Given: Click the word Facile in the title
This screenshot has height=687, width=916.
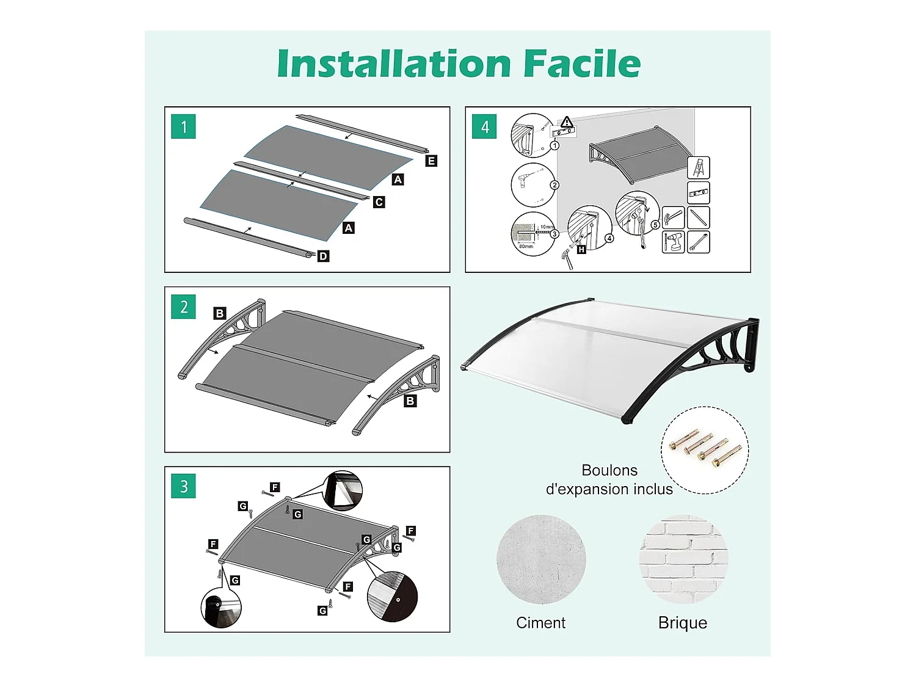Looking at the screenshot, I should [581, 64].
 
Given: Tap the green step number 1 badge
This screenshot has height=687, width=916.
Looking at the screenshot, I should [183, 127].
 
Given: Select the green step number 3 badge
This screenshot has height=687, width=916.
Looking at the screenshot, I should [183, 487].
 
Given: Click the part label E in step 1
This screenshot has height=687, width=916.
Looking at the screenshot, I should [431, 161].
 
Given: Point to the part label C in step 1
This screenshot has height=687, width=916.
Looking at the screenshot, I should [379, 202].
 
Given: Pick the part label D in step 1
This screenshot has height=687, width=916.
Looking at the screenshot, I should [323, 256].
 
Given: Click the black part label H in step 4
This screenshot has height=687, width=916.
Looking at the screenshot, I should [581, 250].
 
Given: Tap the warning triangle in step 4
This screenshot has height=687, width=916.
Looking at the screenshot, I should [567, 122].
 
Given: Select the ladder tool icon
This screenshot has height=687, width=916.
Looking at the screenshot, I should [699, 168].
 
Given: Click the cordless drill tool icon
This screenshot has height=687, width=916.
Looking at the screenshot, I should [674, 242].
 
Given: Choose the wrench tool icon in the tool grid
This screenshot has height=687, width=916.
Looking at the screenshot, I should [699, 242].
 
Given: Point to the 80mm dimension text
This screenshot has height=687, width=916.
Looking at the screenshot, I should [526, 247].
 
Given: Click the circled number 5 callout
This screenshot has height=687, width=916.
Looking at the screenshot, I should [655, 225].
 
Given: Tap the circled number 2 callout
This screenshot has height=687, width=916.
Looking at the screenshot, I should [554, 185].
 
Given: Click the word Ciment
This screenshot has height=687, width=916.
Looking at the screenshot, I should [540, 623].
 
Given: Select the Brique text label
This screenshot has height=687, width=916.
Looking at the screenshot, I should [683, 623].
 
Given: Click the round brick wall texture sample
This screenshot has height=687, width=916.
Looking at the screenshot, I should [683, 559].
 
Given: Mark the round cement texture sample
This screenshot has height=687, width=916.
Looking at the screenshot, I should [541, 559].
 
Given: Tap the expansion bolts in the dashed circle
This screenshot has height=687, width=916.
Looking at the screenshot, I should [705, 449].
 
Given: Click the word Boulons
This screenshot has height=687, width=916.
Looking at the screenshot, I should [609, 470].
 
